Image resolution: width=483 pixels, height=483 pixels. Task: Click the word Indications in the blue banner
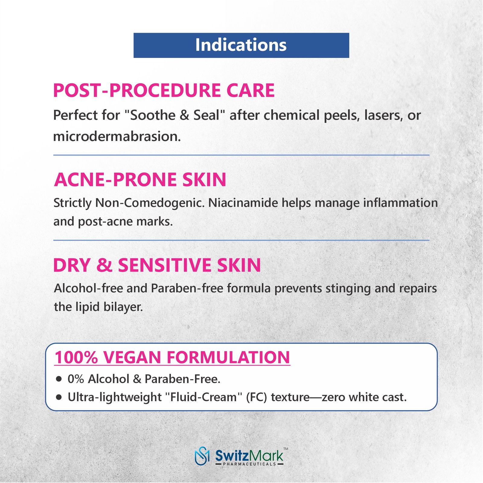point(241,45)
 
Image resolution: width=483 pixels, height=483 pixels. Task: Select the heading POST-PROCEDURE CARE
point(164,90)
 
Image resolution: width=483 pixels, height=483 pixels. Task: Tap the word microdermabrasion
point(117,136)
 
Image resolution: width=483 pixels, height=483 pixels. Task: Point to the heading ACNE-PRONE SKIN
point(140,180)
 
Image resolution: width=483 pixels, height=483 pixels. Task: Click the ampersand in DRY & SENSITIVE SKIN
point(104,265)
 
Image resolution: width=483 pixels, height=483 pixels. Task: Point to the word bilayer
point(123,307)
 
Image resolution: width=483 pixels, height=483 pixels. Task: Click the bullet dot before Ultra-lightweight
point(59,397)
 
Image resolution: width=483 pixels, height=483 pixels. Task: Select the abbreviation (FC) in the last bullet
point(257,397)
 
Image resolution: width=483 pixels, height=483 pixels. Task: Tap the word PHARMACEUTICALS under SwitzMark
point(249,464)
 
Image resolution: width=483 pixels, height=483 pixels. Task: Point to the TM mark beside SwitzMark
point(286,449)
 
